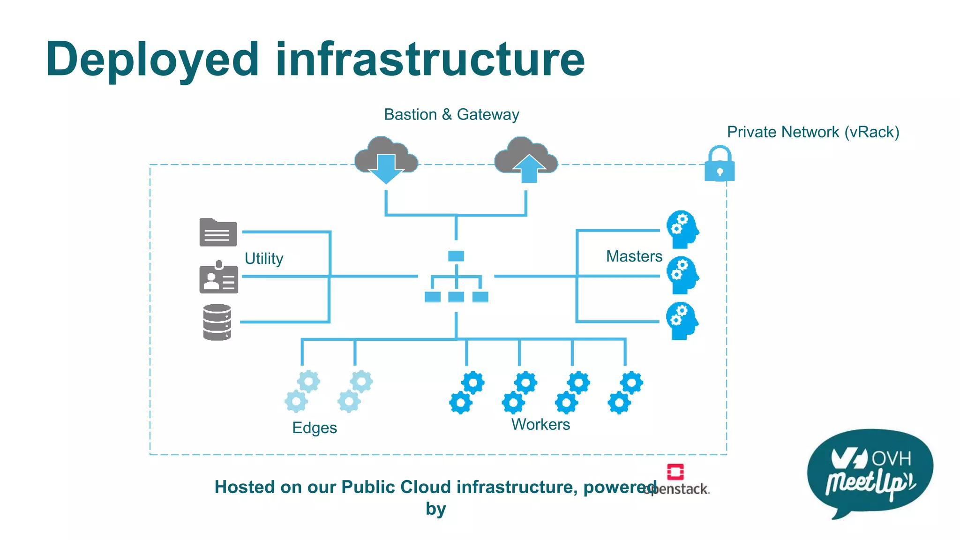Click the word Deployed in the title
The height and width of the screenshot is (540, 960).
tap(152, 60)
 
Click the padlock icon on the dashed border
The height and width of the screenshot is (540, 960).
tap(720, 165)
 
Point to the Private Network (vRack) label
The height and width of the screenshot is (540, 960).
tap(813, 132)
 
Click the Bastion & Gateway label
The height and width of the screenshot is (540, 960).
tap(451, 114)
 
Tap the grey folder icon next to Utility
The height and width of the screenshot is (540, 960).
tap(218, 232)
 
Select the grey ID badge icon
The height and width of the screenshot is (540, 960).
tap(218, 277)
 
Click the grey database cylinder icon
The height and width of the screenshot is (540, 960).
tap(217, 322)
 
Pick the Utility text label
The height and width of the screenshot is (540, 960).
tap(264, 258)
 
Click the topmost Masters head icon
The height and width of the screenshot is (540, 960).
tap(682, 229)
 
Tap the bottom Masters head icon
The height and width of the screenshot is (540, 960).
tap(682, 321)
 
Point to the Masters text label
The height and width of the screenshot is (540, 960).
tap(634, 256)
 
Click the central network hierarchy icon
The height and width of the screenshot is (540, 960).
tap(456, 277)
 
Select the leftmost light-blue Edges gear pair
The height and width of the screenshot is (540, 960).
tap(302, 391)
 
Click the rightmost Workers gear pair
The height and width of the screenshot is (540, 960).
tap(625, 392)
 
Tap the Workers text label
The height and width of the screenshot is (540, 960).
tap(540, 424)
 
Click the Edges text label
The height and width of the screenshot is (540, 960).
tap(315, 427)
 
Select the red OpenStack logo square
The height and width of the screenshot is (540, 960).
tap(675, 472)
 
